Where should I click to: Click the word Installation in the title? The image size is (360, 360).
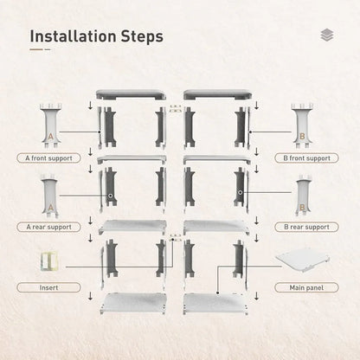click(x=73, y=36)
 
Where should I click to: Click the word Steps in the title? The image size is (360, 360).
click(x=142, y=37)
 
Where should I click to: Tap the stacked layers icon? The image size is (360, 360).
click(x=327, y=35)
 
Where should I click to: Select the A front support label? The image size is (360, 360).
click(x=48, y=158)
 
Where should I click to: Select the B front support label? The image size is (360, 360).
click(x=306, y=158)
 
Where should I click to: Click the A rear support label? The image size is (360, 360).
click(x=48, y=227)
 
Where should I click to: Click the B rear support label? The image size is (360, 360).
click(x=306, y=227)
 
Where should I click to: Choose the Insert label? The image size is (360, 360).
click(x=48, y=287)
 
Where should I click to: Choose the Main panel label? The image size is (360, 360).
click(x=306, y=287)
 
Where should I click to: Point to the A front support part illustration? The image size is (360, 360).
click(x=50, y=125)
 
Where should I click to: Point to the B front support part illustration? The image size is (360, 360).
click(x=302, y=125)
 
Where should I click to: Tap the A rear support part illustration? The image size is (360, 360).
click(x=50, y=196)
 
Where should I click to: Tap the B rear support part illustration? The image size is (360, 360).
click(x=302, y=196)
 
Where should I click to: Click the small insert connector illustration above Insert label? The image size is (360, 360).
click(x=49, y=261)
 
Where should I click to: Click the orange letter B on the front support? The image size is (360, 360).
click(x=302, y=136)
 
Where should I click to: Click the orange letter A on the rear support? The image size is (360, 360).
click(x=51, y=208)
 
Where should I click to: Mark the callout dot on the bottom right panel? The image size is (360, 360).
click(x=217, y=293)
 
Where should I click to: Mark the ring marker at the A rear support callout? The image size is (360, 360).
click(x=111, y=196)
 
